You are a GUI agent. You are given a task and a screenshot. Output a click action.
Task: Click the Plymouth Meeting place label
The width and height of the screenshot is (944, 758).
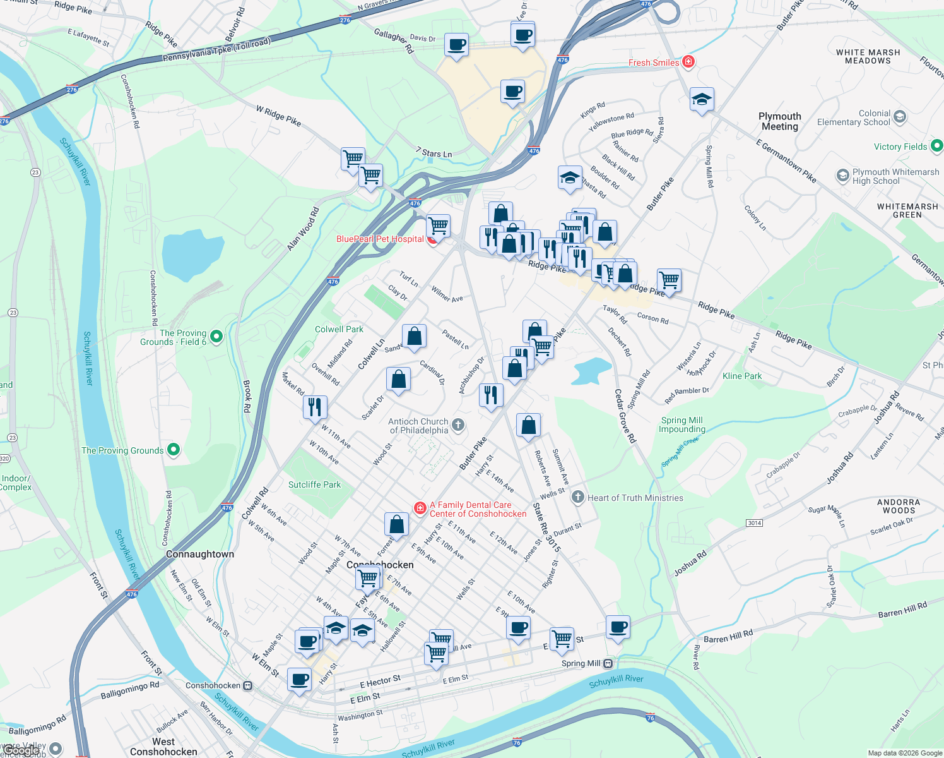coord(779,121)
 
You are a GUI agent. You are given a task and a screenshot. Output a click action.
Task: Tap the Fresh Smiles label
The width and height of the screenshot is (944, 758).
coord(654,63)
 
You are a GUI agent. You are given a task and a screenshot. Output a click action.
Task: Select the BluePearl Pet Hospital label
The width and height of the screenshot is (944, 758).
coord(380,239)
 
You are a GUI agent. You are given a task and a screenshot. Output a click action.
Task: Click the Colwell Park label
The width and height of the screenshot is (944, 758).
coord(339,329)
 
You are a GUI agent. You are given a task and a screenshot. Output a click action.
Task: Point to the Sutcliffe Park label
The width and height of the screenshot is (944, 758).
coord(314,484)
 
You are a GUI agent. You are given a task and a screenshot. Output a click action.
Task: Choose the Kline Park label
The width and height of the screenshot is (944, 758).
coord(742,376)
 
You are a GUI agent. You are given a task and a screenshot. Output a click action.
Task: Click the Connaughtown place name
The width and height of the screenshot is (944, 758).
coord(200,554)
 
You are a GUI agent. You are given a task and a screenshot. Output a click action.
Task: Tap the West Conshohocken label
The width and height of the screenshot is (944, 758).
coord(163,747)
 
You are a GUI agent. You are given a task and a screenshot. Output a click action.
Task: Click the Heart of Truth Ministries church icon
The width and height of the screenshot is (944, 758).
coord(577,497)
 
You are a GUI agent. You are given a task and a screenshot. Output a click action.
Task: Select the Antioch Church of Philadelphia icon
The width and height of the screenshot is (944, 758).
coord(458,425)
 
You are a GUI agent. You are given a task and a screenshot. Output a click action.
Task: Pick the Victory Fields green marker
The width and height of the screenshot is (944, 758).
coord(936,146)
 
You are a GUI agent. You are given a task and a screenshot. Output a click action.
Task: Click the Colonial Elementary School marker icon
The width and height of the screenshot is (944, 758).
coord(900,117)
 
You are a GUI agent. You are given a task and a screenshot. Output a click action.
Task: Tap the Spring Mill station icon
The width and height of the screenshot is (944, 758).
coord(608,663)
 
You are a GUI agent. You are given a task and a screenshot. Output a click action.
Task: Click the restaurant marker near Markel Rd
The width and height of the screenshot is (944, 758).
coord(314,407)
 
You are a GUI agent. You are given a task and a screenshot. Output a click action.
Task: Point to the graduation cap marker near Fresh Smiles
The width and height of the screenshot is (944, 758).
coord(702,99)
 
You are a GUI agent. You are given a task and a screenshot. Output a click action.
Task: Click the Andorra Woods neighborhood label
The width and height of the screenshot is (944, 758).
coord(899,506)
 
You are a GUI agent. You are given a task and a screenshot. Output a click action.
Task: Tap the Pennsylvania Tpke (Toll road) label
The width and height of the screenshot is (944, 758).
coord(216,51)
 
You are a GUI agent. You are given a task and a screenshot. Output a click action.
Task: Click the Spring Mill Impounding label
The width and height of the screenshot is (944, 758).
coord(681,424)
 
